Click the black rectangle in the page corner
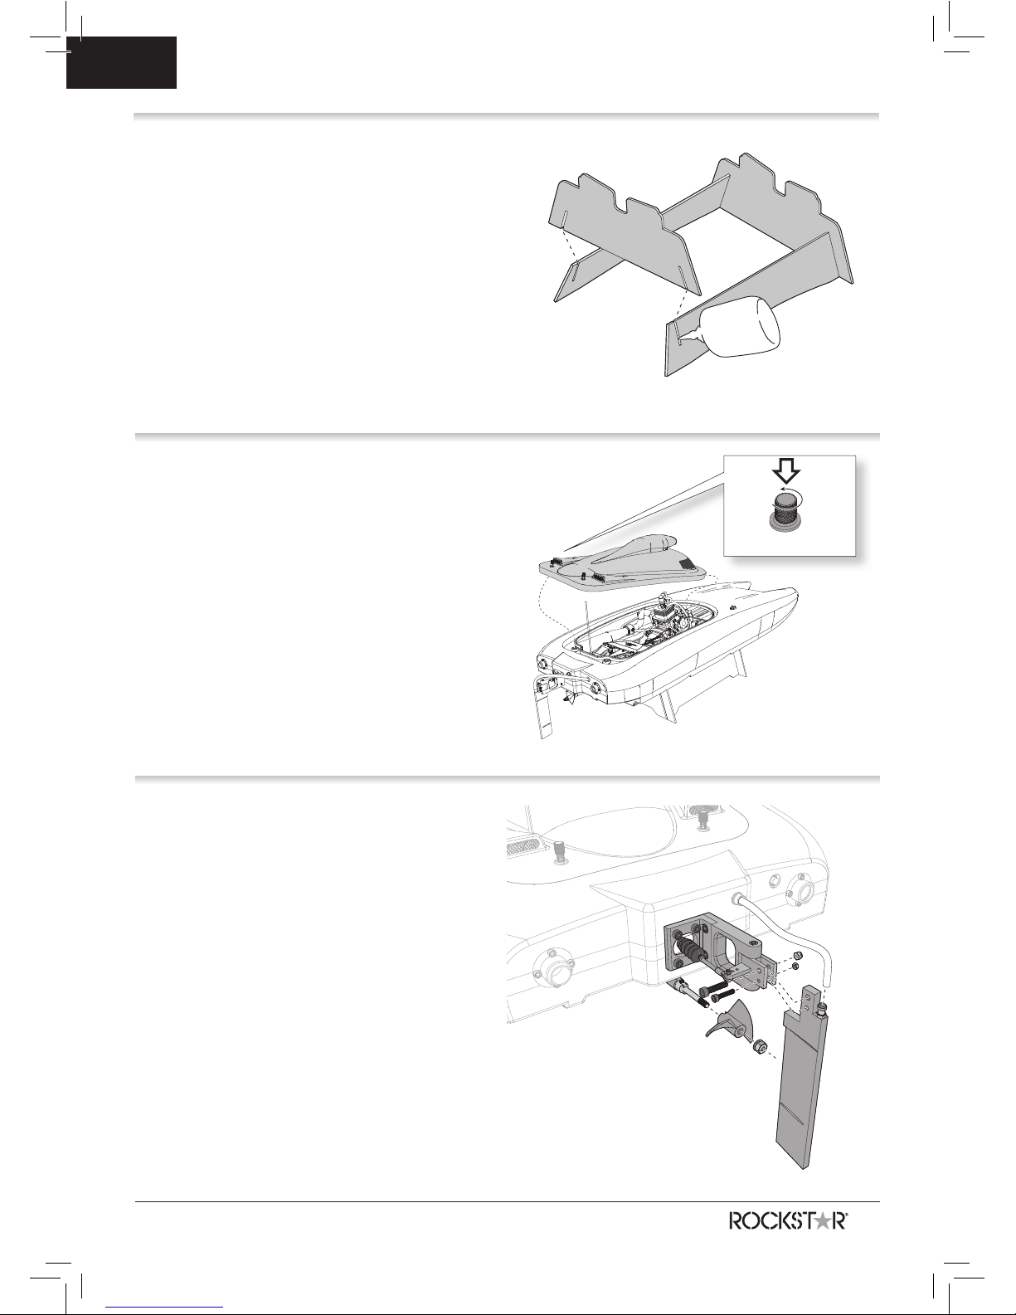click(121, 62)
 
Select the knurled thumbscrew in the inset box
click(784, 510)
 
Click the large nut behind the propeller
click(758, 1045)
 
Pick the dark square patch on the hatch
click(688, 565)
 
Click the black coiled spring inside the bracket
click(689, 950)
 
